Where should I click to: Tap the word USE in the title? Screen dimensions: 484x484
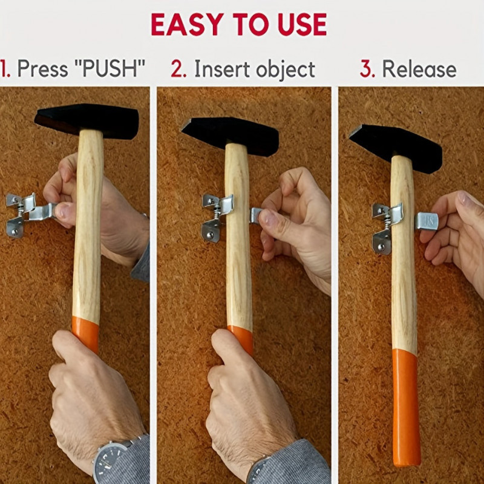pos(302,24)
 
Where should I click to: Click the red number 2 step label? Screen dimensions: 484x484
pos(178,69)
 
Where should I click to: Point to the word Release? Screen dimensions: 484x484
pos(419,69)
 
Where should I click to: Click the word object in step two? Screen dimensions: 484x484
pos(285,70)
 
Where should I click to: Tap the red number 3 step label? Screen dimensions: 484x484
pos(367,69)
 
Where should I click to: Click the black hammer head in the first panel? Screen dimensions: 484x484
pos(87,120)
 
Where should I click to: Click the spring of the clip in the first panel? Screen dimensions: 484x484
pos(19,212)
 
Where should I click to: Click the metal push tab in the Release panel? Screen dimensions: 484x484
pos(427,221)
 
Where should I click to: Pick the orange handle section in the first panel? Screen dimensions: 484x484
pos(85,334)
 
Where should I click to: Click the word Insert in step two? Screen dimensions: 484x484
pos(222,69)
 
